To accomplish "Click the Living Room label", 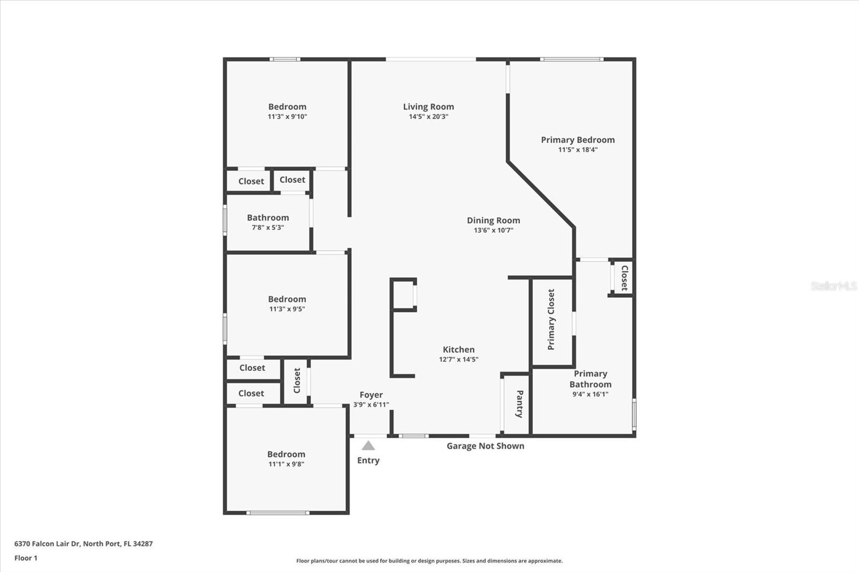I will pyautogui.click(x=428, y=107).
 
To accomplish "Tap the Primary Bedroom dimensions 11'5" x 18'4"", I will pyautogui.click(x=578, y=150).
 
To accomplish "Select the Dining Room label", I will pyautogui.click(x=493, y=220).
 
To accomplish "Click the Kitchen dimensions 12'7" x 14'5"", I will pyautogui.click(x=458, y=360).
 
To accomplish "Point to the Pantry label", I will pyautogui.click(x=519, y=404).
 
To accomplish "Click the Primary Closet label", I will pyautogui.click(x=551, y=320).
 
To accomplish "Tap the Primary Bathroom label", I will pyautogui.click(x=590, y=379).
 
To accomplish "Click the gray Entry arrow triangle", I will pyautogui.click(x=368, y=445).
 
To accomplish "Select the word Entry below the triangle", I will pyautogui.click(x=368, y=460).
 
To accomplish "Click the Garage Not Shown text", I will pyautogui.click(x=485, y=446).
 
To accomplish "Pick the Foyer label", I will pyautogui.click(x=371, y=395).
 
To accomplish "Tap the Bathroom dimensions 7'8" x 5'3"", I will pyautogui.click(x=268, y=228).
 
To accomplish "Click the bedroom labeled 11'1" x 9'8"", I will pyautogui.click(x=286, y=459).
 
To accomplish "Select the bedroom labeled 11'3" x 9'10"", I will pyautogui.click(x=287, y=111).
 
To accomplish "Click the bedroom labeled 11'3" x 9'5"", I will pyautogui.click(x=287, y=304).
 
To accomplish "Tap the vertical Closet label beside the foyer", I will pyautogui.click(x=297, y=380).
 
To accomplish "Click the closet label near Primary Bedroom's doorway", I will pyautogui.click(x=624, y=278).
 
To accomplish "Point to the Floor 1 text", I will pyautogui.click(x=26, y=558).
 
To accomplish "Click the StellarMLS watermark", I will pyautogui.click(x=833, y=286).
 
